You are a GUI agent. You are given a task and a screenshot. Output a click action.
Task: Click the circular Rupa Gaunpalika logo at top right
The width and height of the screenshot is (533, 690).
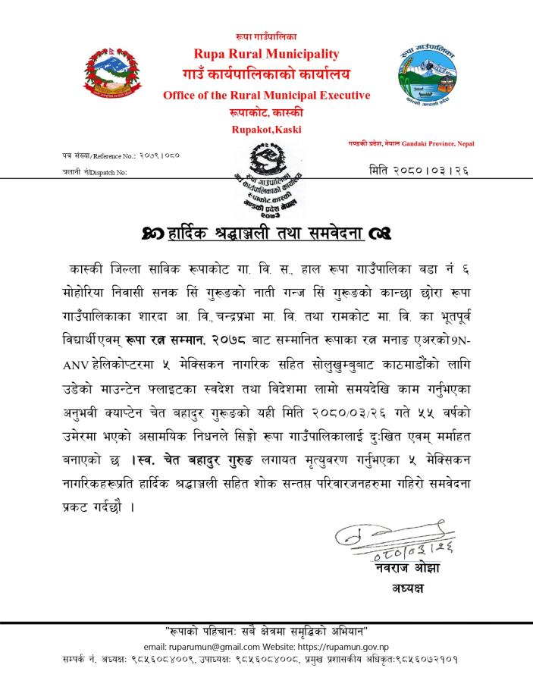point(428,74)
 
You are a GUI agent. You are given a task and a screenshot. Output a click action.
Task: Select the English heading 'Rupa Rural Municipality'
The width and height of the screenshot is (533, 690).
point(266,54)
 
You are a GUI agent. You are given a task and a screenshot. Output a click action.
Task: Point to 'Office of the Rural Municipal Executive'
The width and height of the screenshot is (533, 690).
point(266,96)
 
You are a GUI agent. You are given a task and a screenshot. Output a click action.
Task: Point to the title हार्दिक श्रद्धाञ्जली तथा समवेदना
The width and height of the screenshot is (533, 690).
point(267,231)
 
